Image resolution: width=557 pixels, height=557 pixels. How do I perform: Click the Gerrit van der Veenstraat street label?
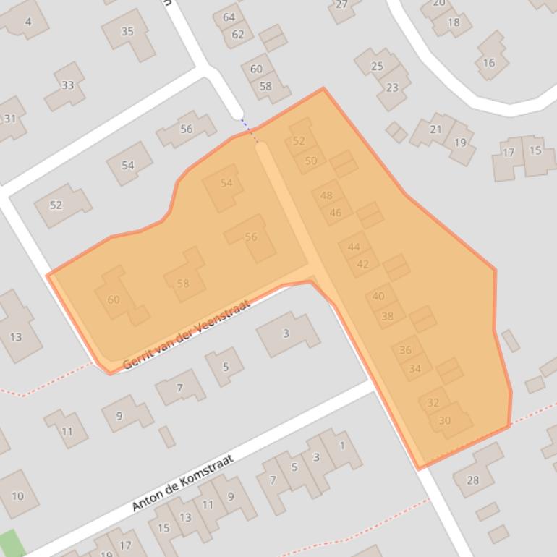[187, 334]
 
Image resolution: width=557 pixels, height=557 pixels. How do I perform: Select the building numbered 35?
[127, 32]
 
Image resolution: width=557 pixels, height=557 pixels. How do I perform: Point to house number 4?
[28, 21]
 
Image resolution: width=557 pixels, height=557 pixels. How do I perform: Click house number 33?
[67, 85]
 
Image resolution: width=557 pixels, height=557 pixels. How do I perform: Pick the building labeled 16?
[489, 63]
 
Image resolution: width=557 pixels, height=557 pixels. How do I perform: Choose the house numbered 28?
[473, 480]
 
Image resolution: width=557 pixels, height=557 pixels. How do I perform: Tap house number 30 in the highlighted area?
[445, 420]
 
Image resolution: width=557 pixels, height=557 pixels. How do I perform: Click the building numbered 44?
[354, 247]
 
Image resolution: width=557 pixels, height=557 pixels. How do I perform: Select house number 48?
[326, 195]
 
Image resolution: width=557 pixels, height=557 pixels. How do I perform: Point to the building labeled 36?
[405, 350]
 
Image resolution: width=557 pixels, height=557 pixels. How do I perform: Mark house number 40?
[378, 296]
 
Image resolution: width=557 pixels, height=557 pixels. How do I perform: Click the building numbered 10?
[17, 496]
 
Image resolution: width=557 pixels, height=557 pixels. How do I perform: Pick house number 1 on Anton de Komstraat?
[342, 446]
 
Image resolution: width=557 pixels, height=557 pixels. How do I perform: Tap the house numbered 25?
[377, 67]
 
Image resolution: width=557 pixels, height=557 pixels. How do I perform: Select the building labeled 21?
[435, 129]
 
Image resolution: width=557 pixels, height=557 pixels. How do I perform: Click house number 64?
[229, 17]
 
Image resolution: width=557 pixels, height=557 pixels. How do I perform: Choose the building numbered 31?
[10, 118]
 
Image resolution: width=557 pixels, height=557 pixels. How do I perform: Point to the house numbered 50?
[311, 161]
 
